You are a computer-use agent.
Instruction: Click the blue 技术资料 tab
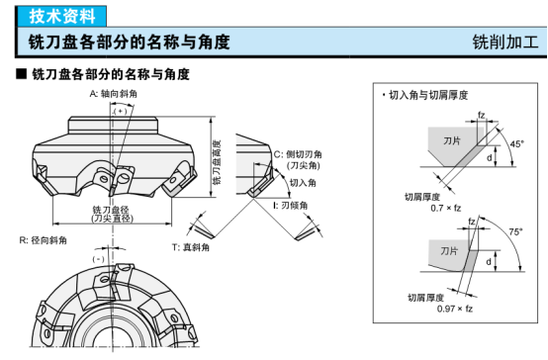61,16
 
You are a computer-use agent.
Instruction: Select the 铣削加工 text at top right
505,42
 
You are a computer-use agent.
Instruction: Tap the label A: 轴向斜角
113,94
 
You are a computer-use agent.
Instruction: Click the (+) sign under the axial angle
121,111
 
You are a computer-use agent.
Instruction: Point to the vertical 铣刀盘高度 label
217,162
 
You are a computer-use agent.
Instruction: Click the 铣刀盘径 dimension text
111,210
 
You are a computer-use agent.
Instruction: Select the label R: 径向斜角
43,240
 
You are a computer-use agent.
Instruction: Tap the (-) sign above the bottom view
99,259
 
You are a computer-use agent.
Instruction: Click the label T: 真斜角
191,247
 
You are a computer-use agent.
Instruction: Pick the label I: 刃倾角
291,206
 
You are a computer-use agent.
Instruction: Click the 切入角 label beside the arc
303,182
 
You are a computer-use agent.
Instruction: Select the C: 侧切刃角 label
298,154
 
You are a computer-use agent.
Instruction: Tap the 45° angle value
517,144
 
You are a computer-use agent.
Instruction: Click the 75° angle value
515,231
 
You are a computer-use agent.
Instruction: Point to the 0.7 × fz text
445,209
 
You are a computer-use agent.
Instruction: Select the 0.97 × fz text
455,309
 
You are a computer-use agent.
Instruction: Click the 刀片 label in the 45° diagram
452,140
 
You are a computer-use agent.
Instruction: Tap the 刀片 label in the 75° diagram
449,251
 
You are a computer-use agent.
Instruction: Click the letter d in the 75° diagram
489,261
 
